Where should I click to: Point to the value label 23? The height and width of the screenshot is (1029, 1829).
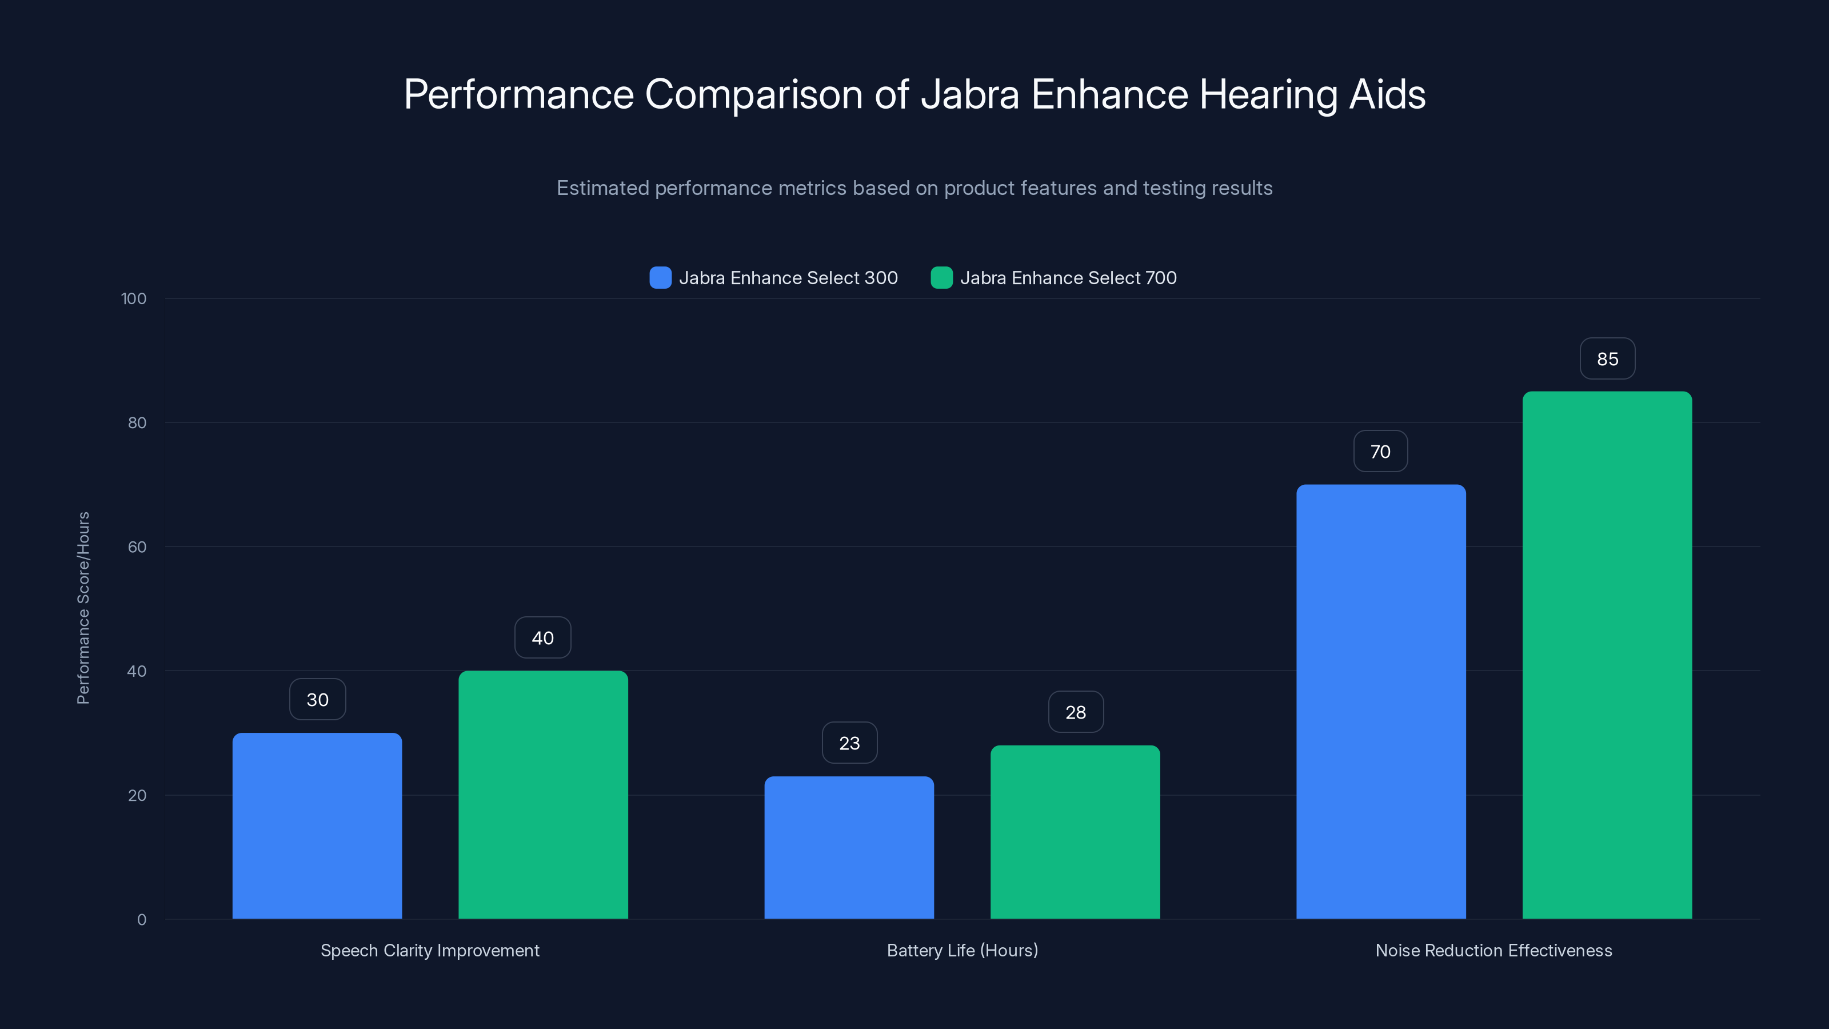coord(849,743)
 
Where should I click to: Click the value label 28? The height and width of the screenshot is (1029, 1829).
coord(1076,712)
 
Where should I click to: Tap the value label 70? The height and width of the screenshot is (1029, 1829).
coord(1380,451)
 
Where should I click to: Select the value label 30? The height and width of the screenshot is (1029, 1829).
coord(317,700)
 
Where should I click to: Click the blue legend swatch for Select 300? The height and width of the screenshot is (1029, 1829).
coord(660,278)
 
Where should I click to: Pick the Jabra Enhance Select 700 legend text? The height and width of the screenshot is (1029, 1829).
coord(1068,278)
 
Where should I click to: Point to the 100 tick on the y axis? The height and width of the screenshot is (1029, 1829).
coord(134,298)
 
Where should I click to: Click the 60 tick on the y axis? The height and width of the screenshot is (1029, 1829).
coord(137,547)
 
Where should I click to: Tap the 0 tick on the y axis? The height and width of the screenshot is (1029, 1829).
coord(141,920)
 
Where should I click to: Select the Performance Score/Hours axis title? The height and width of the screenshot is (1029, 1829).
coord(83,608)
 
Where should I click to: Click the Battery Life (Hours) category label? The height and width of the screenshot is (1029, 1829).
coord(962,950)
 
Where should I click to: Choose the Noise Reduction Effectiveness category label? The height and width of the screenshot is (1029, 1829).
coord(1493,950)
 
